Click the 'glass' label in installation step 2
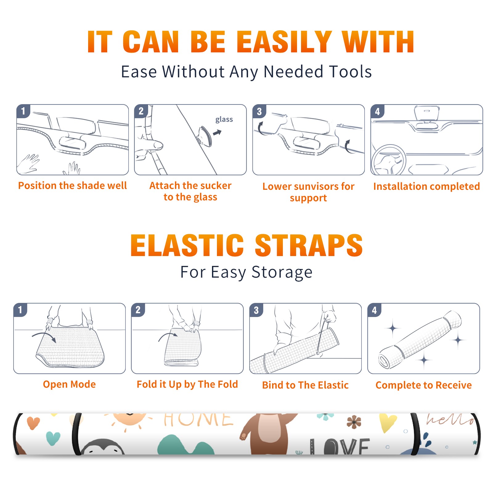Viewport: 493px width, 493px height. click(224, 120)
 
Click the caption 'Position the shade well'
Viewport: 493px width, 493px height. click(72, 185)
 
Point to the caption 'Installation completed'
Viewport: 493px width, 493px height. click(426, 186)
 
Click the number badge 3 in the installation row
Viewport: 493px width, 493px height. click(259, 111)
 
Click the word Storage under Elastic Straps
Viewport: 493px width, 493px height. click(282, 272)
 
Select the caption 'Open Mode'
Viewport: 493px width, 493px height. click(69, 384)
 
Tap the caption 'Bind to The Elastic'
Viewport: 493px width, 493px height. click(305, 385)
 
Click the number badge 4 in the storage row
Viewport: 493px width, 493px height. click(374, 310)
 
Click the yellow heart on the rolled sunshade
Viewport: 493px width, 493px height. click(388, 423)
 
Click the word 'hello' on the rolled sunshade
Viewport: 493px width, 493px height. click(450, 420)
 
